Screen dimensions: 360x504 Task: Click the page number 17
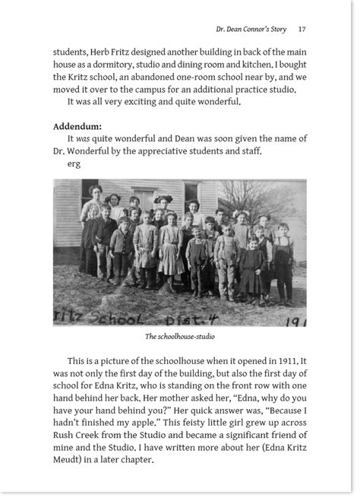(x=302, y=29)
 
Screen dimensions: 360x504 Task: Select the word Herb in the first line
(x=106, y=52)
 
